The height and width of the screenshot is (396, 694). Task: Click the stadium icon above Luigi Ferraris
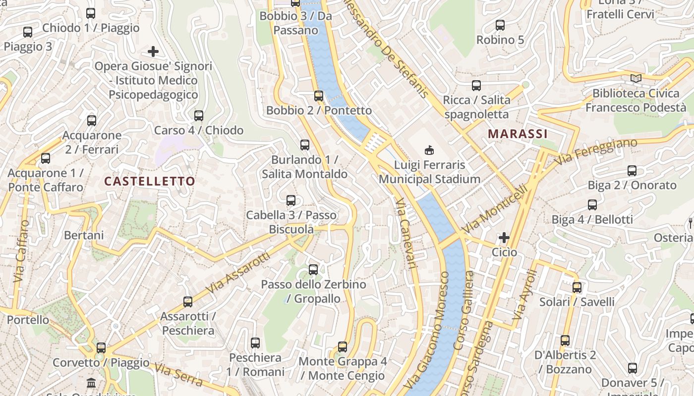coord(429,149)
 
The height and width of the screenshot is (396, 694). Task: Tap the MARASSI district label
coord(518,134)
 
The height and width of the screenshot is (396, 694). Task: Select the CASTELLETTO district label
coord(150,181)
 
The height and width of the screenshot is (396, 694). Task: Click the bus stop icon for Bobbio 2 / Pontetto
coord(318,96)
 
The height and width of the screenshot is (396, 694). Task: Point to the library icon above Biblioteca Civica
coord(636,78)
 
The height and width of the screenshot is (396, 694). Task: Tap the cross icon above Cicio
coord(504,238)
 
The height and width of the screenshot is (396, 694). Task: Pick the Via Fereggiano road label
coord(596,151)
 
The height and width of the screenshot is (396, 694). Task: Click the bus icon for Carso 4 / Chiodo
coord(199,116)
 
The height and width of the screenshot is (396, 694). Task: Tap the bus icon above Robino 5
coord(500,25)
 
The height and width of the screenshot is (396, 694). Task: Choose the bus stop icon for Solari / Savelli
coord(577,287)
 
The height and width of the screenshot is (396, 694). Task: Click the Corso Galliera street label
coord(464,310)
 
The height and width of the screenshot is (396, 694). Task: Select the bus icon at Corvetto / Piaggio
coord(101,347)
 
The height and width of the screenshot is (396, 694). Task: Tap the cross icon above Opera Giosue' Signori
coord(153,51)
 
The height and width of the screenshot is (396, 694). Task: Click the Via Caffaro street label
coord(21,251)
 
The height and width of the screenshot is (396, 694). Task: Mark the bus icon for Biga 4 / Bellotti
coord(592,205)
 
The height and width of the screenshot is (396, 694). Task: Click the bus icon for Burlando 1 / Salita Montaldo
coord(305,145)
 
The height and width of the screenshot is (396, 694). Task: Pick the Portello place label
coord(28,320)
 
